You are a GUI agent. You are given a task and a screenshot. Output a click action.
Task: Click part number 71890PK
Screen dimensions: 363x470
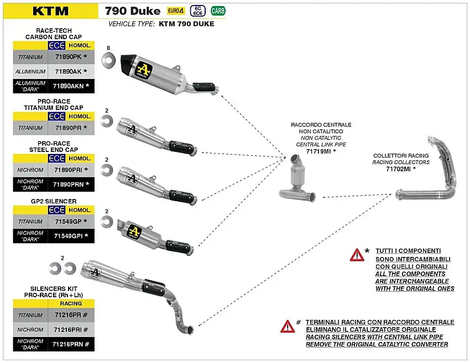click(68, 57)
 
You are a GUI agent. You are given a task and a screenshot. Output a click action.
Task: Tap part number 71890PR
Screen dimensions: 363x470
click(68, 128)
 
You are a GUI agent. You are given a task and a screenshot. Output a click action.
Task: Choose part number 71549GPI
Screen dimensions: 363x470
click(68, 236)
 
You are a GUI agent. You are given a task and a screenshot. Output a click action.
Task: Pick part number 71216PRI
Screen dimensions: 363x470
click(68, 329)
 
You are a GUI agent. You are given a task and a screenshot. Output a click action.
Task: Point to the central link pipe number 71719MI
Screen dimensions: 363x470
click(318, 151)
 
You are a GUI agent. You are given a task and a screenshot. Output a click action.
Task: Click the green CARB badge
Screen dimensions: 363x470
click(218, 10)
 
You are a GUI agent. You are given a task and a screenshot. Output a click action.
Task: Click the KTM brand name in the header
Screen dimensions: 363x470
click(50, 10)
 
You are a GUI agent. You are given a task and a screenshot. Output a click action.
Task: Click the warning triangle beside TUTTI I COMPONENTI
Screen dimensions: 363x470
click(357, 255)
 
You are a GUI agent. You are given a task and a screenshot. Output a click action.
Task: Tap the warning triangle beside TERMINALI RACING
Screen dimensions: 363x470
click(288, 326)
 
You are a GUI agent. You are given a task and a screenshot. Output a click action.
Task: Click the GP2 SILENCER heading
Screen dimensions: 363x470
click(54, 201)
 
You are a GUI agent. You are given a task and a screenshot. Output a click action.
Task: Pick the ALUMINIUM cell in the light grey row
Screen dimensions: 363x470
click(32, 71)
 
